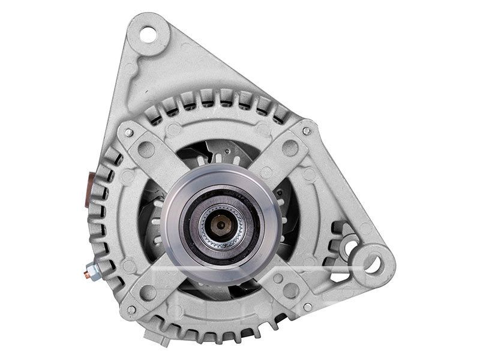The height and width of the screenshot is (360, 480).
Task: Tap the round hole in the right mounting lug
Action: point(372,262)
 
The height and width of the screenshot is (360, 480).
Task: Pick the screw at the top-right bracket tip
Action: point(307,131)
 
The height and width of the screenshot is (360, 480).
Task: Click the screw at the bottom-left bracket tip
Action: point(131,308)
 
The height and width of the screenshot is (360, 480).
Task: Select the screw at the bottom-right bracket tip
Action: point(307,307)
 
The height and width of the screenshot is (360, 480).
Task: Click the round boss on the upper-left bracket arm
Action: point(146,149)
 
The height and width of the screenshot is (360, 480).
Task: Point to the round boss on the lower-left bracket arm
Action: point(148,292)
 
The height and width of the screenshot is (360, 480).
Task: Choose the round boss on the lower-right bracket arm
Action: point(290,291)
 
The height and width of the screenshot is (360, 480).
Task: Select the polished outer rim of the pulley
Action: point(174,198)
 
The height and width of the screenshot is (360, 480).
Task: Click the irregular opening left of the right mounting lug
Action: point(345,237)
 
